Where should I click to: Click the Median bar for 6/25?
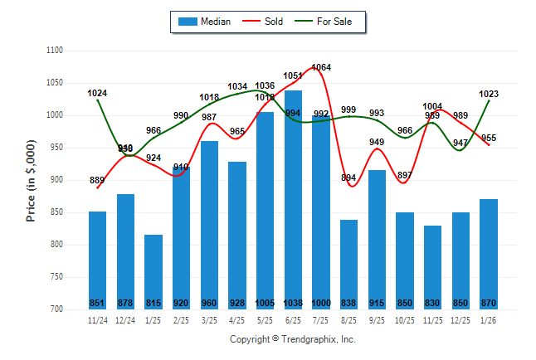(x=293, y=199)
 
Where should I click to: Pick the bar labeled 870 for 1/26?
(x=489, y=254)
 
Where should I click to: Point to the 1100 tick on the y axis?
(x=55, y=51)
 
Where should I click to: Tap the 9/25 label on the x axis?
(x=377, y=319)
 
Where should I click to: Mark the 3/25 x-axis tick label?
(x=209, y=319)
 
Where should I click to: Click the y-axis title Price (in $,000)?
(x=31, y=180)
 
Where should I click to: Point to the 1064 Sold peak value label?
(x=321, y=67)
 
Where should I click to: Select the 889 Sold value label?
(x=97, y=180)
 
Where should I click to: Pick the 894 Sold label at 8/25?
(x=348, y=178)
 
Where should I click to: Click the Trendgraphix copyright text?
(x=292, y=339)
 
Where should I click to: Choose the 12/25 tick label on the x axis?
(x=460, y=319)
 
